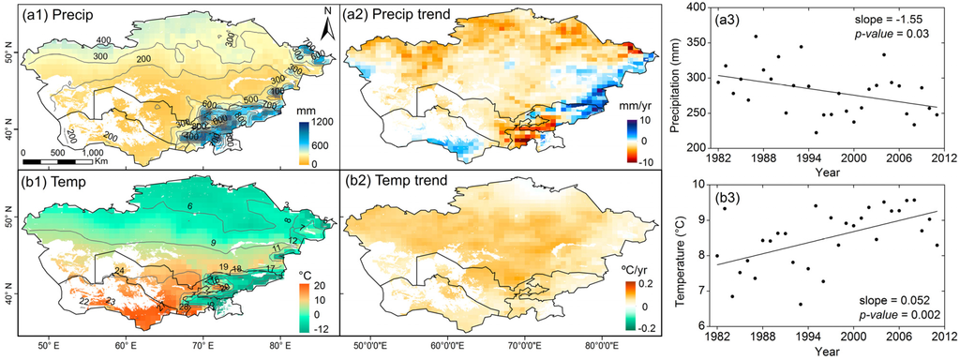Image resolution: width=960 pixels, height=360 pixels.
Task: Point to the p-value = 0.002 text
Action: (x=900, y=315)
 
